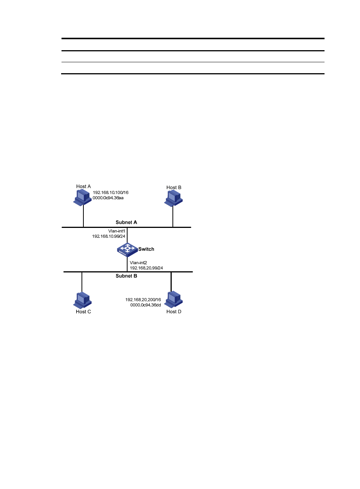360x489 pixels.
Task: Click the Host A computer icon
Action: pos(83,197)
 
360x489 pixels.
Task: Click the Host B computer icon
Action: pos(173,198)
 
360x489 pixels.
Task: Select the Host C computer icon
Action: pos(82,300)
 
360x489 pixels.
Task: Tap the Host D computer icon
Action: pos(173,299)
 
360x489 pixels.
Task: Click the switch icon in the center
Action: pos(127,250)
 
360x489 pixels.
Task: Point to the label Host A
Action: pos(83,186)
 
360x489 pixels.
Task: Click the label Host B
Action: pos(174,188)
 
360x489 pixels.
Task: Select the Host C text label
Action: pos(83,312)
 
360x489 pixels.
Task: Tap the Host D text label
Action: pos(174,312)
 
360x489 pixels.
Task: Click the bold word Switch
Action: pos(146,249)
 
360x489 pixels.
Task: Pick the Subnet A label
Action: pos(126,222)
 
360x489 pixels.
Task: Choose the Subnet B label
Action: pos(126,276)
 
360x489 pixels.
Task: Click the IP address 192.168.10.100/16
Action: pos(111,192)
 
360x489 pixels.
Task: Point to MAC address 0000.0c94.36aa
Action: pos(108,198)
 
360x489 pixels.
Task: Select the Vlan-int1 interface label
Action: pos(117,231)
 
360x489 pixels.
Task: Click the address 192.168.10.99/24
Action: pos(109,236)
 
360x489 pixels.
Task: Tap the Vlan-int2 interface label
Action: pos(138,263)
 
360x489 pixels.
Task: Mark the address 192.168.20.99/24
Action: pos(146,268)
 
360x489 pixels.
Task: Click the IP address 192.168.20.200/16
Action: pos(143,300)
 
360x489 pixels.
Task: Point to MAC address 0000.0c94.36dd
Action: pos(146,305)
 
